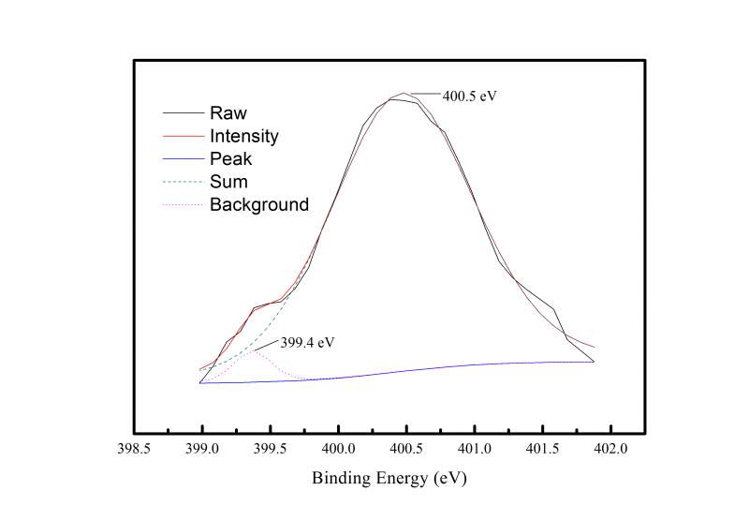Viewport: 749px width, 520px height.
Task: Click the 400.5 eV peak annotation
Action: [469, 96]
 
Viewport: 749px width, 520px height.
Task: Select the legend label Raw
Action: [228, 113]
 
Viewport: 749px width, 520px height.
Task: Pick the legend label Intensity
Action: [243, 137]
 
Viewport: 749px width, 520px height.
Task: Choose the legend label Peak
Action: [230, 159]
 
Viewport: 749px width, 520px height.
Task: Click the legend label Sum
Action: [228, 182]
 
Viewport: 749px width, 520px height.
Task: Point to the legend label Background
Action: [258, 204]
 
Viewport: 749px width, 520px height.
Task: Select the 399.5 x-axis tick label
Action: [271, 450]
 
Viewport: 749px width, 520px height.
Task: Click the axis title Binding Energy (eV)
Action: [389, 478]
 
